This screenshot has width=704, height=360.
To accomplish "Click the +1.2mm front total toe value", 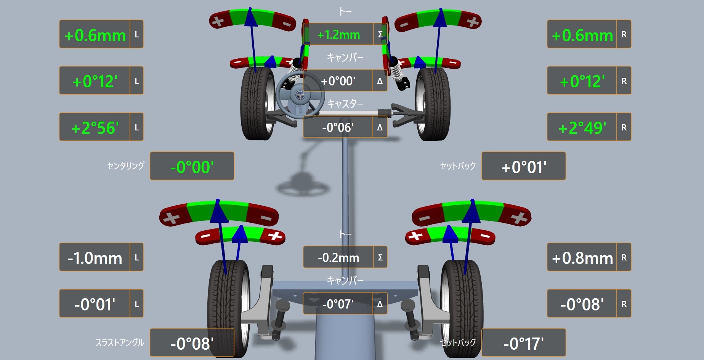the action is (338, 35).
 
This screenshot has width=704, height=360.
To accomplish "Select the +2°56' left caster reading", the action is (95, 128).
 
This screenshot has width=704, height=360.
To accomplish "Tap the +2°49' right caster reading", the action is (582, 128).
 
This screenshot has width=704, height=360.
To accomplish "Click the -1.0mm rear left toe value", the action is (95, 258).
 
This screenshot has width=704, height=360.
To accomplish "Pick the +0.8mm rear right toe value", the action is (582, 258).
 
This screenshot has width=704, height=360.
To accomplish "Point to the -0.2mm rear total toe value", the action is (338, 258).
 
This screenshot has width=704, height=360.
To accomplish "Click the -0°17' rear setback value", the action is (523, 344).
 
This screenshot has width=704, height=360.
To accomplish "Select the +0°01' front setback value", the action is (524, 167).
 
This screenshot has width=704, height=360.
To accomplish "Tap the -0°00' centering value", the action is (192, 167).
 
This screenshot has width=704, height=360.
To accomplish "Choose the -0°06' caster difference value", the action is (338, 127).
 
